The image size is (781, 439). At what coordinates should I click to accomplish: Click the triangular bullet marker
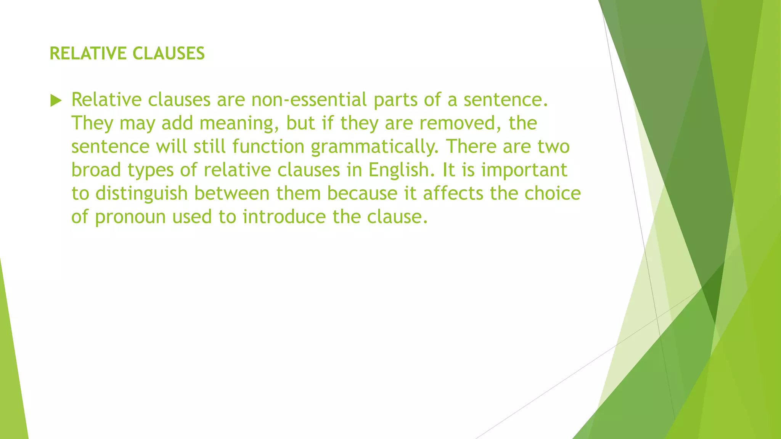coord(56,101)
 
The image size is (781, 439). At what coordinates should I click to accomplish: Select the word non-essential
coord(309,100)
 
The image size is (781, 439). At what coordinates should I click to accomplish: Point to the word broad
coord(96,170)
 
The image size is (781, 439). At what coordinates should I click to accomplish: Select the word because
coord(362,194)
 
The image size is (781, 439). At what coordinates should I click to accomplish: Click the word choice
coord(553,194)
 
